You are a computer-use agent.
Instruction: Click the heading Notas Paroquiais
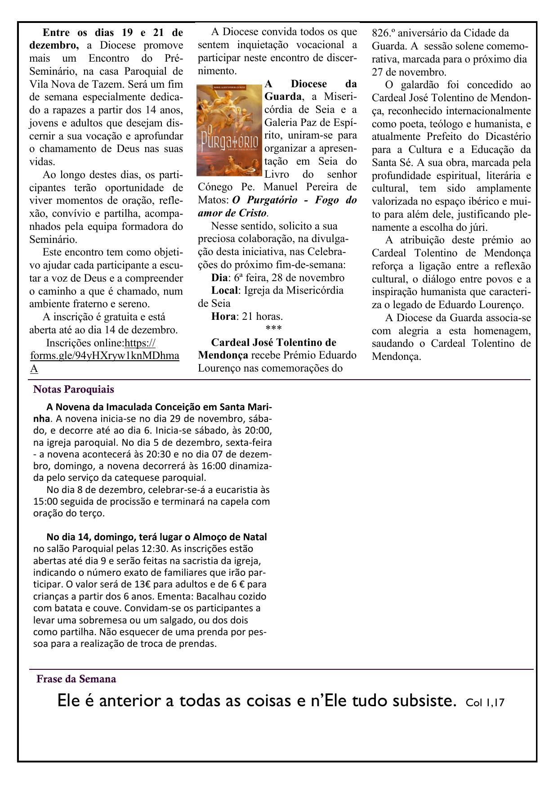click(x=74, y=389)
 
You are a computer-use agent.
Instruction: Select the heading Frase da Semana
click(x=76, y=679)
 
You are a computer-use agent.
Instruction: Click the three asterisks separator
click(x=273, y=329)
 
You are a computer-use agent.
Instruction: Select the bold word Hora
click(x=223, y=316)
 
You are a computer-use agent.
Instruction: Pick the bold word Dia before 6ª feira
click(x=219, y=278)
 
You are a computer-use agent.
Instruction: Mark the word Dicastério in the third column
click(x=507, y=137)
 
